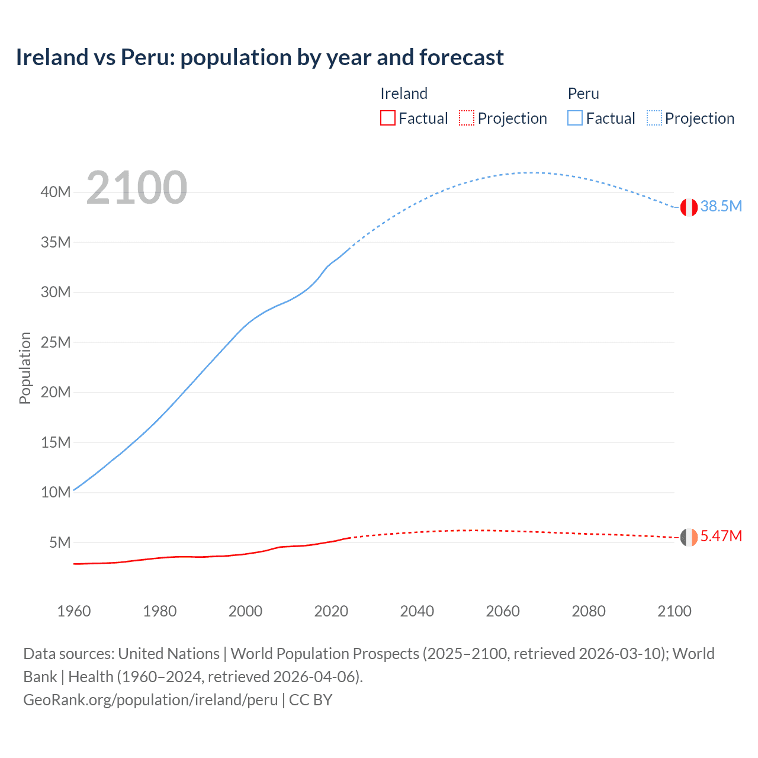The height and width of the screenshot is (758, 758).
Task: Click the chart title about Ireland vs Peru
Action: pyautogui.click(x=259, y=57)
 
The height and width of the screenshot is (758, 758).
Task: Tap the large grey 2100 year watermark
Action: pyautogui.click(x=137, y=188)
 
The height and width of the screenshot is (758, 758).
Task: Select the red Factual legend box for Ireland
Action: pyautogui.click(x=387, y=118)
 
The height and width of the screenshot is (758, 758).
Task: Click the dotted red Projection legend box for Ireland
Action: pyautogui.click(x=467, y=118)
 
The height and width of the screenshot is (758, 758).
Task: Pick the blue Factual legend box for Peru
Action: pyautogui.click(x=574, y=118)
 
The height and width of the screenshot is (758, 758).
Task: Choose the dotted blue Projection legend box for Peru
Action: pyautogui.click(x=654, y=118)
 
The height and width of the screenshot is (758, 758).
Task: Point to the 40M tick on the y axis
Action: pyautogui.click(x=56, y=192)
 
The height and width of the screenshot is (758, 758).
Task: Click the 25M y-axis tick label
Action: pyautogui.click(x=56, y=342)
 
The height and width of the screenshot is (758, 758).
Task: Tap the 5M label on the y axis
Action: pyautogui.click(x=60, y=542)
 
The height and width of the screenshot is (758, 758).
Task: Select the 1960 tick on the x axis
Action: pyautogui.click(x=74, y=611)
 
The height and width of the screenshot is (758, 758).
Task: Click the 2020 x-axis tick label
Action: pyautogui.click(x=331, y=611)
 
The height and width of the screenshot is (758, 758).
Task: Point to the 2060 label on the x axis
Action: pyautogui.click(x=503, y=611)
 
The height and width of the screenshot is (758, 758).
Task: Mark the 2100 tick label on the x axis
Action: pyautogui.click(x=674, y=611)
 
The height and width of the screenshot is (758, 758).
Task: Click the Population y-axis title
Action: pyautogui.click(x=25, y=368)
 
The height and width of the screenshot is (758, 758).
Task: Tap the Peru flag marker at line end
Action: pyautogui.click(x=689, y=207)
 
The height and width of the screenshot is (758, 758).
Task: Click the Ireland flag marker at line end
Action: pyautogui.click(x=689, y=537)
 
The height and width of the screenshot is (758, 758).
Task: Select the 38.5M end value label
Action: pyautogui.click(x=721, y=206)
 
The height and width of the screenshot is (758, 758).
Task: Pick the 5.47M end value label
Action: pyautogui.click(x=721, y=536)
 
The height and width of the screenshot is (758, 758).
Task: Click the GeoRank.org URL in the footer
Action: pyautogui.click(x=150, y=699)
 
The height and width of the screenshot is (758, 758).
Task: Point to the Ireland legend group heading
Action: pyautogui.click(x=404, y=94)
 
